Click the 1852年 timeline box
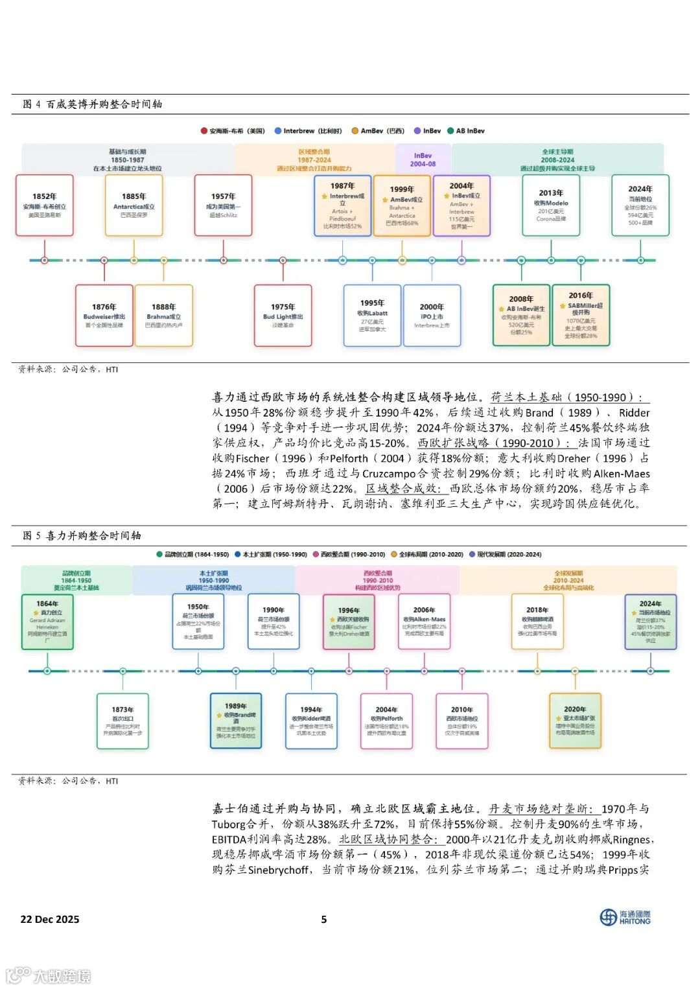[x=45, y=205]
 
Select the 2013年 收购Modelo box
[x=551, y=205]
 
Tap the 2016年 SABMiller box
[x=581, y=315]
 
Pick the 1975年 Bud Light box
[x=283, y=315]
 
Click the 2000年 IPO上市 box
[x=432, y=315]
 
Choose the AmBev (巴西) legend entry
[x=378, y=131]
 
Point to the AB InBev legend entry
[x=466, y=131]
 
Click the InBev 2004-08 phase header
[x=423, y=159]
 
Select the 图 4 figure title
[x=92, y=104]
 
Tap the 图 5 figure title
[x=82, y=535]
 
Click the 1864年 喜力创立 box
[x=47, y=622]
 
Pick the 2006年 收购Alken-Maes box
[x=424, y=622]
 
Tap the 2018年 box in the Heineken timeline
[x=537, y=622]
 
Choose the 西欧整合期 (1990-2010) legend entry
[x=349, y=555]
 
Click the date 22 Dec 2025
[x=50, y=919]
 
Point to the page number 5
[x=324, y=919]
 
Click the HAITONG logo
[x=625, y=917]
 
